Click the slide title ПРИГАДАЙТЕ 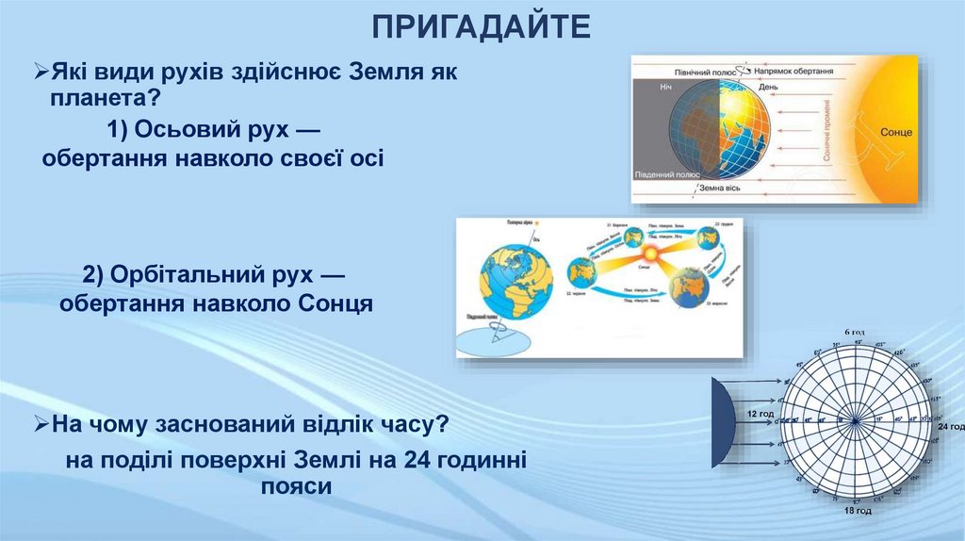point(482,25)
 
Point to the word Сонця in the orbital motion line point(335,303)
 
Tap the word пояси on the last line point(295,487)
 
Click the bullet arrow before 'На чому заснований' point(41,425)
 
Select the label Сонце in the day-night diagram point(896,132)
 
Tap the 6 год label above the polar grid point(854,333)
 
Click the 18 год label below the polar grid point(858,510)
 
